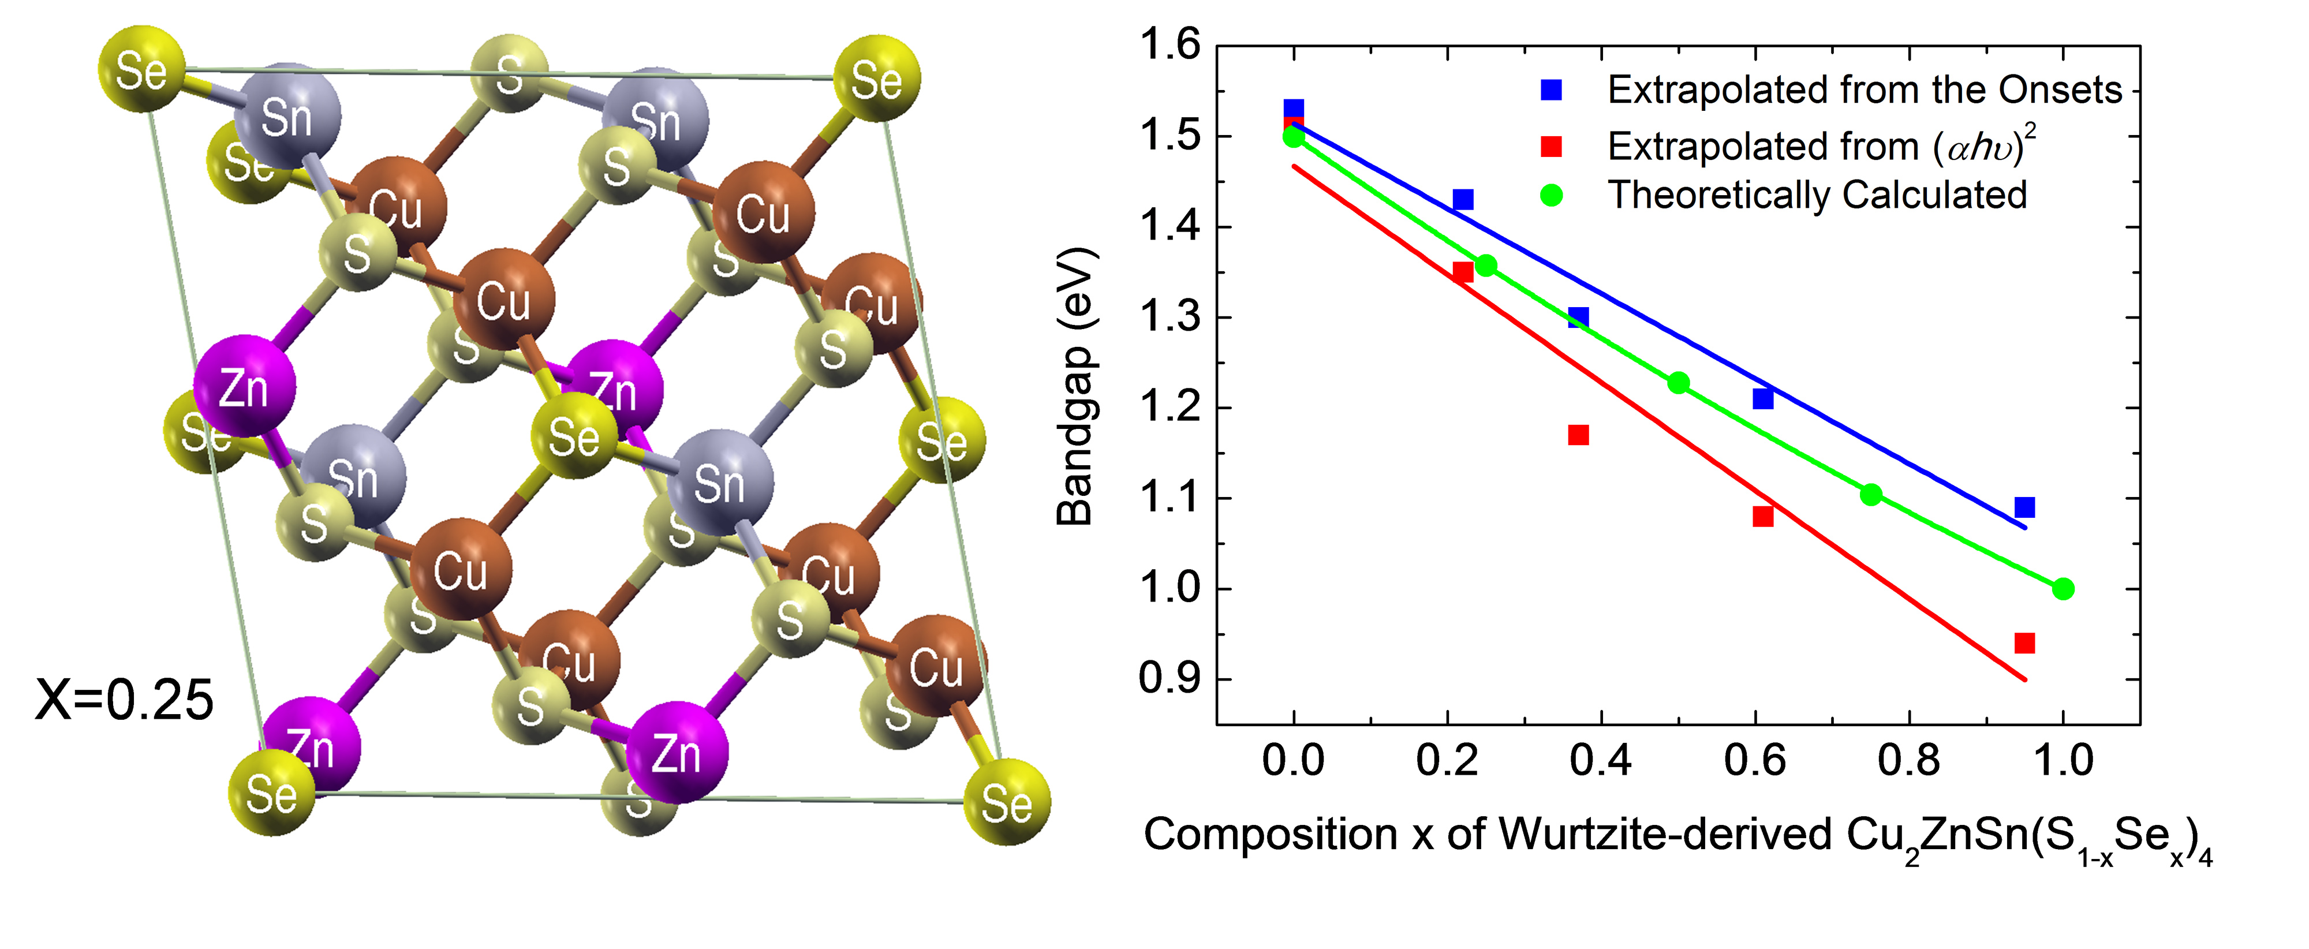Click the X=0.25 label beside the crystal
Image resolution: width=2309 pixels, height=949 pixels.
pyautogui.click(x=124, y=700)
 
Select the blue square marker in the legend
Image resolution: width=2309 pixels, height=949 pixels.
pyautogui.click(x=1550, y=89)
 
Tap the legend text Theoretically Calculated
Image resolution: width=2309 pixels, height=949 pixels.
pyautogui.click(x=1817, y=195)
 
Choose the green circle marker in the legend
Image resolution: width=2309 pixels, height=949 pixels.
pyautogui.click(x=1550, y=195)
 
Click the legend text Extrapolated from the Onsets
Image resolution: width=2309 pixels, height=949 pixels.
pyautogui.click(x=1865, y=89)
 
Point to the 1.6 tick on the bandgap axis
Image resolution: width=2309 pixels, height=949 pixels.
pyautogui.click(x=1169, y=45)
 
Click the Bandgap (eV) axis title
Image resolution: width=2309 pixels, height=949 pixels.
pyautogui.click(x=1075, y=386)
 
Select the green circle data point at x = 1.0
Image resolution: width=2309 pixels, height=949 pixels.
pyautogui.click(x=2063, y=589)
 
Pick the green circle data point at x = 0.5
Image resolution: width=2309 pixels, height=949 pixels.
pyautogui.click(x=1678, y=383)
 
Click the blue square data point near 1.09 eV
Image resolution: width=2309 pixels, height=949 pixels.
pyautogui.click(x=2024, y=508)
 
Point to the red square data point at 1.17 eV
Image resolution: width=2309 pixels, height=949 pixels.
pyautogui.click(x=1578, y=435)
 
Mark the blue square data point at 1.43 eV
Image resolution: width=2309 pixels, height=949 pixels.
pyautogui.click(x=1463, y=199)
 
